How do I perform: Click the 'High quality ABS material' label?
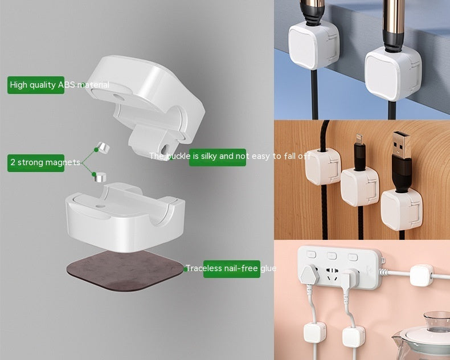click(x=36, y=85)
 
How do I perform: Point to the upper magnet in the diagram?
click(x=101, y=148)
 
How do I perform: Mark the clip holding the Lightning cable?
click(x=361, y=187)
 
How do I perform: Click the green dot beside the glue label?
click(x=186, y=269)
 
